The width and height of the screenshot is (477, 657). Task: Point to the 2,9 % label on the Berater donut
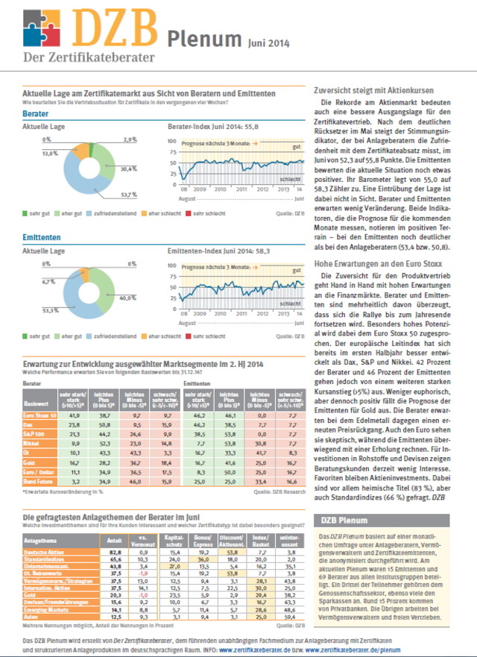coord(130,139)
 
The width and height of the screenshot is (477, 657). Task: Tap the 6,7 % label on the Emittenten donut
coord(49,281)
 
